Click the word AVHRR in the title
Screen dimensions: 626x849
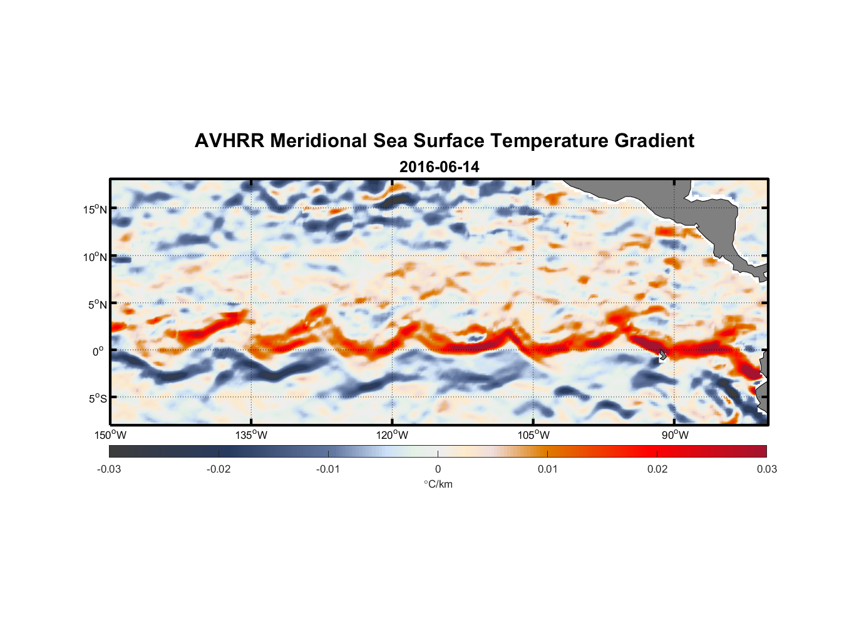tap(229, 141)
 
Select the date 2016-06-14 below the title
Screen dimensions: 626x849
tap(439, 167)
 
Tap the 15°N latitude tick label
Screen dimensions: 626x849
tap(95, 209)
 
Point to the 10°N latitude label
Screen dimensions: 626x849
tap(95, 257)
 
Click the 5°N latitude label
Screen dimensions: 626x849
tap(97, 304)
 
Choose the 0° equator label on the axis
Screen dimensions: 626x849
tap(98, 351)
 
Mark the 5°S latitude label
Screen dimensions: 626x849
tap(97, 398)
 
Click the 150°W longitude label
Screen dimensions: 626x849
tap(110, 435)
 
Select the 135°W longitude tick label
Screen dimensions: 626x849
tap(252, 435)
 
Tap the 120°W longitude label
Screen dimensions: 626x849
tap(393, 435)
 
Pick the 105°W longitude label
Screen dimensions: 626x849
tap(533, 435)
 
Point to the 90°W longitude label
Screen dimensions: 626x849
tap(675, 435)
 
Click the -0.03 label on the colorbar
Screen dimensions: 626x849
tap(109, 469)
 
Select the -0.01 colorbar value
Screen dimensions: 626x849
tap(327, 469)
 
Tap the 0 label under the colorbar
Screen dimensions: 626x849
tap(438, 469)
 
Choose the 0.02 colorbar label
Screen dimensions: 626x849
tap(657, 469)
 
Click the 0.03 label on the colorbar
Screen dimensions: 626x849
tap(766, 469)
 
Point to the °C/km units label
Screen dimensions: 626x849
tap(438, 484)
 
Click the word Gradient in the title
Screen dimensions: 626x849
tap(654, 141)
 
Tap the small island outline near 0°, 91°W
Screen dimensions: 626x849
tap(662, 354)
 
